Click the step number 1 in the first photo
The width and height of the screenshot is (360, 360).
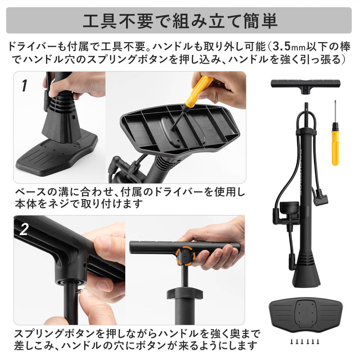point(24,86)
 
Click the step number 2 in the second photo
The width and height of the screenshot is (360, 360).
point(24,229)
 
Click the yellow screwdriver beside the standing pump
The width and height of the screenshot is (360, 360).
point(336,133)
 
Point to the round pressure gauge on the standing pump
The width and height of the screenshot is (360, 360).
point(289,209)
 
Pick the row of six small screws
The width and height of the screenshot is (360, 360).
point(305,342)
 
